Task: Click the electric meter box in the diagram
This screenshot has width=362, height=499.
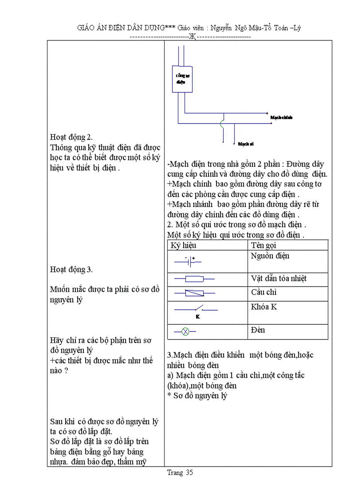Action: coord(182,79)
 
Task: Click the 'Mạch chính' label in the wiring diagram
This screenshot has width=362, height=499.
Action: coord(281,117)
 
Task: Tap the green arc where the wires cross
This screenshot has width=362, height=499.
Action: coord(222,124)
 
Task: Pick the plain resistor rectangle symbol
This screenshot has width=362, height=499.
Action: coord(194,279)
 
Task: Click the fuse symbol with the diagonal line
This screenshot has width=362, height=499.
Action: coord(194,293)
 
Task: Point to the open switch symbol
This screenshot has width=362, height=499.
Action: coord(196,308)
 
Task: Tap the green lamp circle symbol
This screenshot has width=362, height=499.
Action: coord(186,331)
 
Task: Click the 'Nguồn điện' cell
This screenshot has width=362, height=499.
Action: coord(270,256)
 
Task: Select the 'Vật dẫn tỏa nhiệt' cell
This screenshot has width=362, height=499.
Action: coord(279,279)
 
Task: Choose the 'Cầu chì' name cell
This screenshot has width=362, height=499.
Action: coord(264,292)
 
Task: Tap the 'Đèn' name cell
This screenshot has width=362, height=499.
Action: coord(258,330)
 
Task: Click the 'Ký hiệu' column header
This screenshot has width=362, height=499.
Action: coord(183,245)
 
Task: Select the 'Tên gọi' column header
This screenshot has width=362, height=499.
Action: coord(264,245)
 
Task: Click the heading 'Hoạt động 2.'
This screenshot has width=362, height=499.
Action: coord(71,137)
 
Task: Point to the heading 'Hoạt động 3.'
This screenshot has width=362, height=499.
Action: coord(71,269)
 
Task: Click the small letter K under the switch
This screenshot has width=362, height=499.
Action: coord(197,316)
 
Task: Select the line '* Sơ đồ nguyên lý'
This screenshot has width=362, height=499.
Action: coord(197,395)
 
